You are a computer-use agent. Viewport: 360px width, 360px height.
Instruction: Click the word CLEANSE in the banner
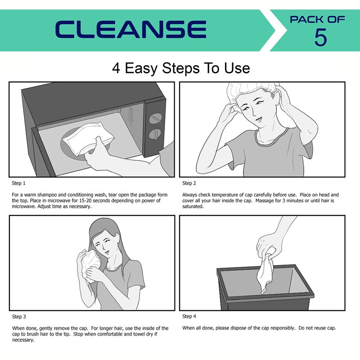[130, 29]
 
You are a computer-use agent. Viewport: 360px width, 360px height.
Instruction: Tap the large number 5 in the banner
[320, 37]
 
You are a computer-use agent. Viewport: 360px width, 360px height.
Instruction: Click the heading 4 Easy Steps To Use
[181, 68]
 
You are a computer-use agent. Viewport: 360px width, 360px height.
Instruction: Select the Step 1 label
[18, 183]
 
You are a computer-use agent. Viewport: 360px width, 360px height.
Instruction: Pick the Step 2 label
[189, 183]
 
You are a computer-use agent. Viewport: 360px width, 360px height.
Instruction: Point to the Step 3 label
[19, 317]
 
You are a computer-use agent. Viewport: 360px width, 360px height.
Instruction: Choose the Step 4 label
[189, 316]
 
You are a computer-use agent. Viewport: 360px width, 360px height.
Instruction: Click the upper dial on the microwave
[155, 118]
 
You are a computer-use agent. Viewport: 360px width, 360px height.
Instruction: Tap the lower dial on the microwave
[155, 134]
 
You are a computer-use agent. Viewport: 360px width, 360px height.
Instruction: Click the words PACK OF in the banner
[317, 19]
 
